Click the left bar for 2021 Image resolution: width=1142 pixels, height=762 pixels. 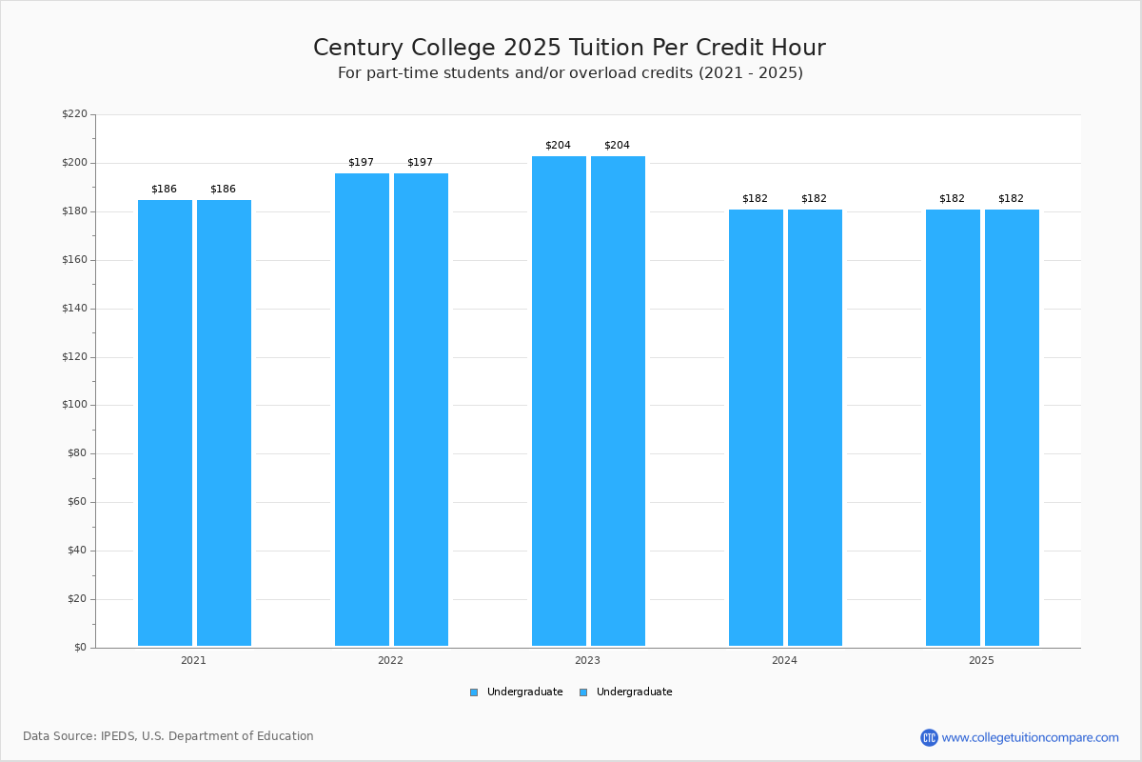coord(165,423)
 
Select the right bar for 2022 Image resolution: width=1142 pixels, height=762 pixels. coord(421,410)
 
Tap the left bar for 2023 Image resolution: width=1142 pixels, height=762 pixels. coord(559,401)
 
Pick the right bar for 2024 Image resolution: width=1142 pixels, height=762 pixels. coord(815,428)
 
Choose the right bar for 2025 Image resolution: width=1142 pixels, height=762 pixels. coord(1012,428)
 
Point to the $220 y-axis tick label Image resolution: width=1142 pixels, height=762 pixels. coord(74,114)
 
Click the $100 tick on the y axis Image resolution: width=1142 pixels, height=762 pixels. coord(74,405)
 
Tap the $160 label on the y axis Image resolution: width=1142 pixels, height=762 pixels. coord(74,260)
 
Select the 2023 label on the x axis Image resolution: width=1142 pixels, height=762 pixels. coord(587,660)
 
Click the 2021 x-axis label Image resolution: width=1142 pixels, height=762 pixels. coord(193,660)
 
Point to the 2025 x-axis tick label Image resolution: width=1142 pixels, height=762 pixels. coord(981,660)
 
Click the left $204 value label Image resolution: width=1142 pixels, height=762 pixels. coord(558,146)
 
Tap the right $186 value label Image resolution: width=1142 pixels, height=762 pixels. coord(223,190)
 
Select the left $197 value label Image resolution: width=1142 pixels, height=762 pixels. coord(361,163)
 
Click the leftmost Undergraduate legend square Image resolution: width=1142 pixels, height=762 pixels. coord(474,692)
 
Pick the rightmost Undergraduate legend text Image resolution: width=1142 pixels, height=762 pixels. coord(634,692)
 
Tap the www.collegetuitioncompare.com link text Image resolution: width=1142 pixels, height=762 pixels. coord(1030,737)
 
